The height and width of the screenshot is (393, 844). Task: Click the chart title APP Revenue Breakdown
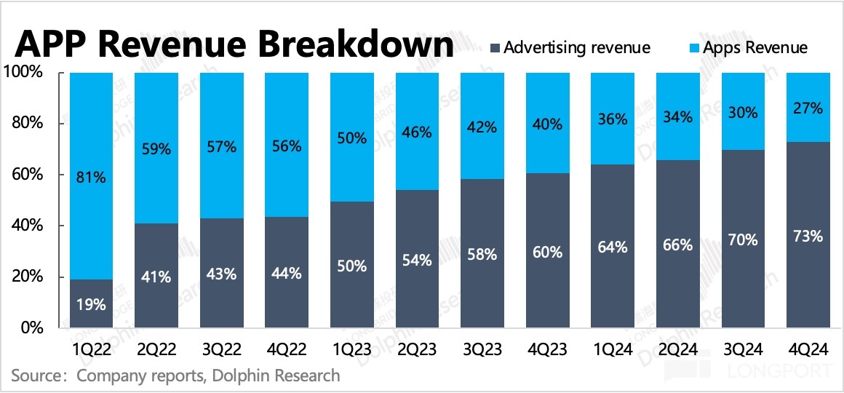point(234,46)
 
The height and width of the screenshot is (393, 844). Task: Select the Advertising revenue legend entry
point(576,48)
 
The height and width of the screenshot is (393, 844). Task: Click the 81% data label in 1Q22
point(91,176)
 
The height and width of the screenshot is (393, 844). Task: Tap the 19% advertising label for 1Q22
point(91,305)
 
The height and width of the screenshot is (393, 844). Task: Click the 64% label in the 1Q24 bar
point(612,247)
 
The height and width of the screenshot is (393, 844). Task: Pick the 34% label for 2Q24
point(677,116)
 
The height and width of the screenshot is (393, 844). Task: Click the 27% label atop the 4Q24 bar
point(808,108)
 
